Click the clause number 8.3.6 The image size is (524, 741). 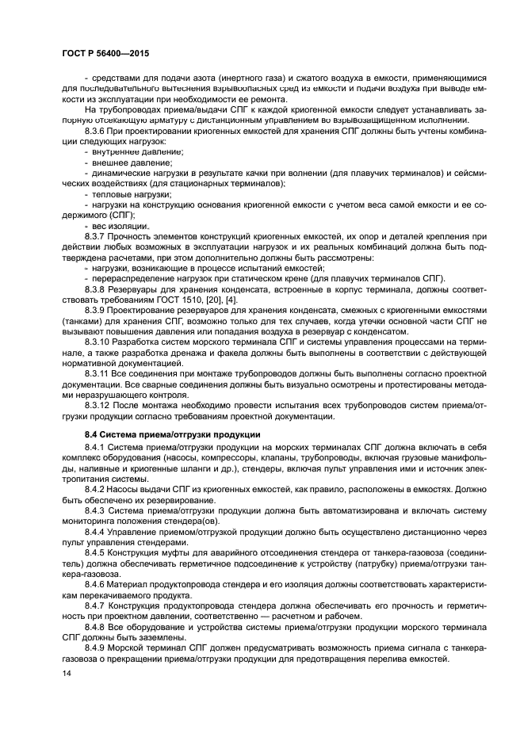point(98,130)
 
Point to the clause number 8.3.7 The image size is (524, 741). point(98,237)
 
